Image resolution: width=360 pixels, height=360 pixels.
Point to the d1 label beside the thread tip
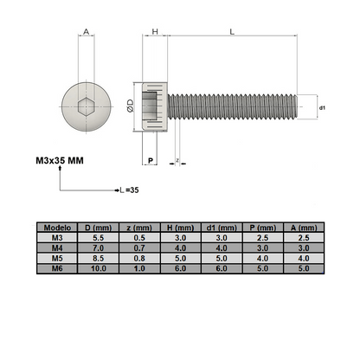(322, 106)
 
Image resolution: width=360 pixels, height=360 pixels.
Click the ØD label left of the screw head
(130, 106)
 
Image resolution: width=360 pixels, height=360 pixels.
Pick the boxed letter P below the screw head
(150, 160)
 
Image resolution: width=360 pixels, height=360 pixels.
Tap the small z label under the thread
(177, 161)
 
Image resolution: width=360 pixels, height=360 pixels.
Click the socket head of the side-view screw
(155, 106)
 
